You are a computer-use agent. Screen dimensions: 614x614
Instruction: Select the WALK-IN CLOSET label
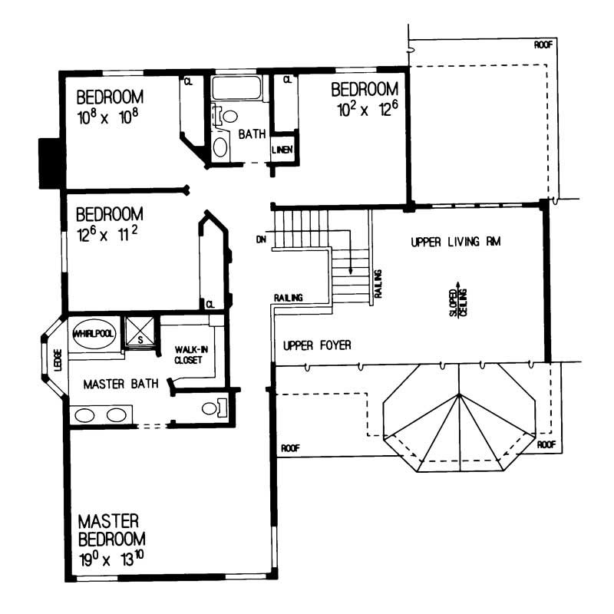tap(192, 355)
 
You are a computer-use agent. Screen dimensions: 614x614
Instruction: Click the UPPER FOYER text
tap(317, 346)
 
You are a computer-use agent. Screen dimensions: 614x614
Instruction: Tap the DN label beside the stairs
tap(261, 239)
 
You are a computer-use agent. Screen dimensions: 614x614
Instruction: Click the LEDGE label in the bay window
tap(58, 361)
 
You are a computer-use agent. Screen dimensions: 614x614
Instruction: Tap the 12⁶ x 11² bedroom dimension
tap(107, 233)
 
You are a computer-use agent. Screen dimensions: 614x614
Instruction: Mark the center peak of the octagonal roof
tap(458, 394)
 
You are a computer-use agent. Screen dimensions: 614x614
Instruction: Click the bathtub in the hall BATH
tap(237, 89)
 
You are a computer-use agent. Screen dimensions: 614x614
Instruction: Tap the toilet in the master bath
tap(211, 408)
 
